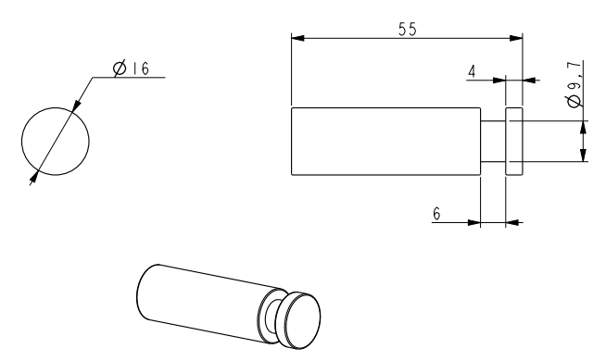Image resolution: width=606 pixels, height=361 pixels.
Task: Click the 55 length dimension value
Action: tap(408, 30)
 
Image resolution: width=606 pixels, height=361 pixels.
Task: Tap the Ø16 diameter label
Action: tap(131, 68)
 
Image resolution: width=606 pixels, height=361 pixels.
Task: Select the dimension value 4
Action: tap(472, 71)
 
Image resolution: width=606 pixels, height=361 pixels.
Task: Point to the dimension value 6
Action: tap(436, 214)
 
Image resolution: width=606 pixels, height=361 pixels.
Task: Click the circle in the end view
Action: tap(21, 142)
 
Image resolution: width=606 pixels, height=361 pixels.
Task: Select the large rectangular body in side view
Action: tap(385, 142)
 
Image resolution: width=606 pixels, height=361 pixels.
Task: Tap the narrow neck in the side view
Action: tap(493, 142)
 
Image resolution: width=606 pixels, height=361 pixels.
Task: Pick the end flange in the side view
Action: tap(514, 142)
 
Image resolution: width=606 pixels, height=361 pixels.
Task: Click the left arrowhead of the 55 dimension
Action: tap(297, 38)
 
